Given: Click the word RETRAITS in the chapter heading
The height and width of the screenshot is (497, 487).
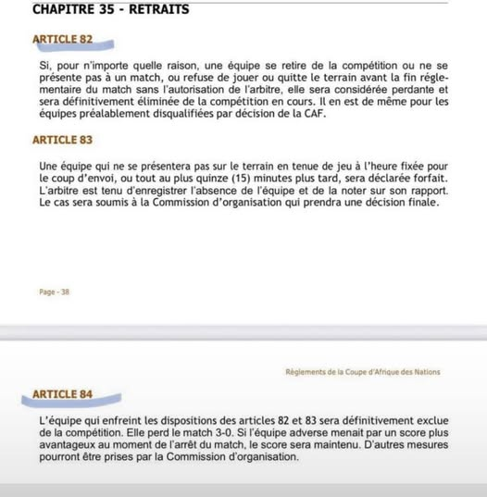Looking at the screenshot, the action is point(159,9).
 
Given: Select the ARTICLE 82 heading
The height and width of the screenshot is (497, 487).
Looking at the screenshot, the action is point(62,41).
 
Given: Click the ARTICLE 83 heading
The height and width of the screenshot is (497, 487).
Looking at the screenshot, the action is point(62,140).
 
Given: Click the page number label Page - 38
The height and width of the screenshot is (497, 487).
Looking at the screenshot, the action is point(54,292).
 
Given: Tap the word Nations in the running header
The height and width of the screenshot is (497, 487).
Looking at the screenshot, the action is point(424,372).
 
